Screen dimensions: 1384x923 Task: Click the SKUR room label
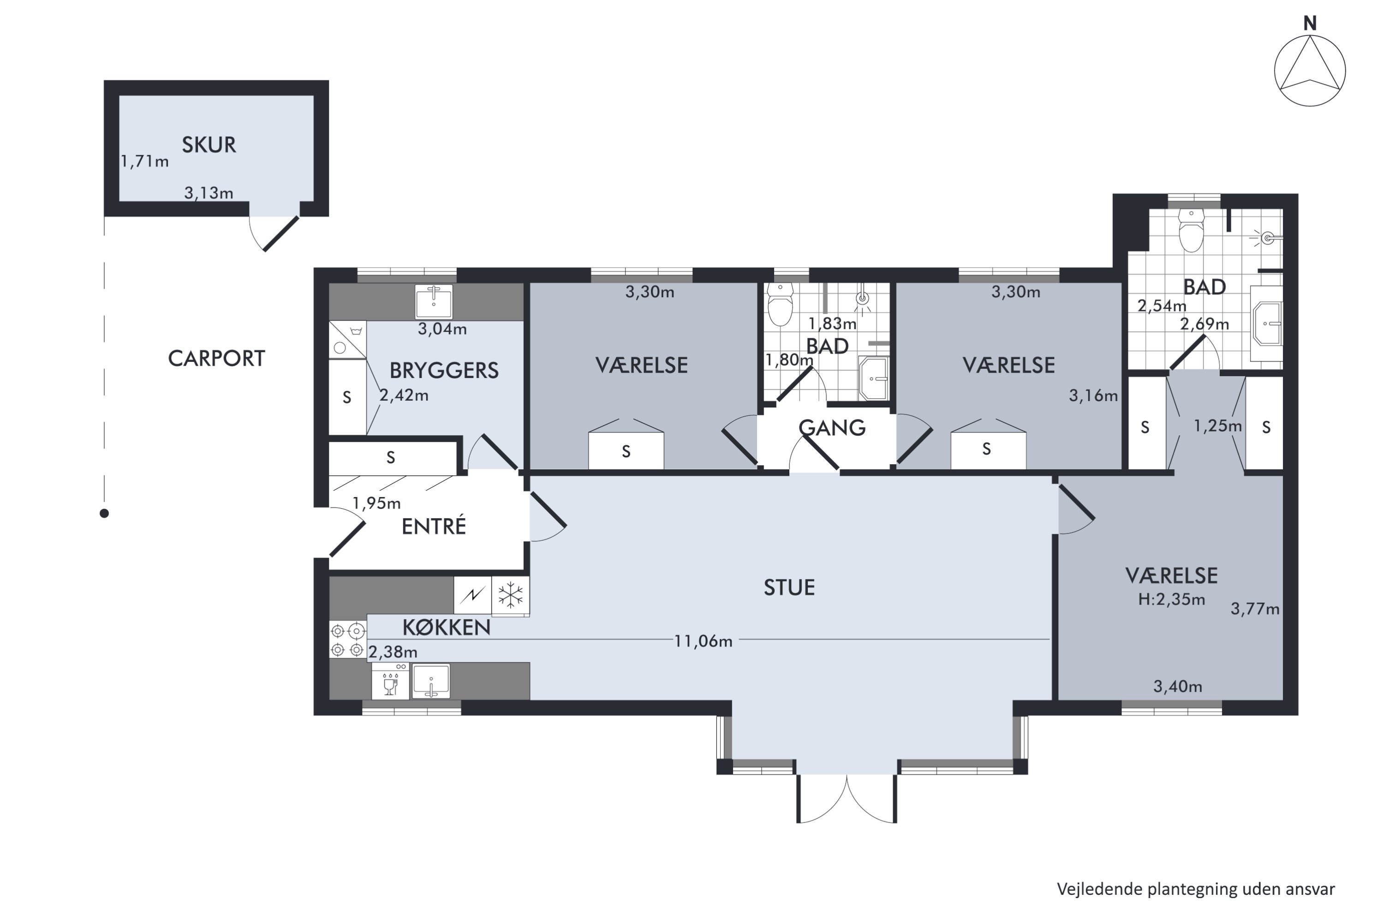[209, 145]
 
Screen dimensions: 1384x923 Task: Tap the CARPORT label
[216, 359]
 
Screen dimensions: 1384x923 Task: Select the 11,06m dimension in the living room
[703, 641]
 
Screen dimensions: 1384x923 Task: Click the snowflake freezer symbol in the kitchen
[510, 596]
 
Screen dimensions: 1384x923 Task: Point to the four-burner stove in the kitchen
[347, 641]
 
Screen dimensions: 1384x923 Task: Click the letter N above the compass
[1310, 24]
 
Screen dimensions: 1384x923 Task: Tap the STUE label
[789, 587]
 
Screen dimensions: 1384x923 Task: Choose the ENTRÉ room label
[434, 526]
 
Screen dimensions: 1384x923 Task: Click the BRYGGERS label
[444, 370]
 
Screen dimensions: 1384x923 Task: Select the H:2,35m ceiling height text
[1172, 599]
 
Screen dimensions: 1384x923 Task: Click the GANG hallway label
[832, 427]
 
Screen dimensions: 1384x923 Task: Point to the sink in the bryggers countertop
[434, 301]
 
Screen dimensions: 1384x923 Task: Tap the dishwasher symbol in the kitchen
[390, 681]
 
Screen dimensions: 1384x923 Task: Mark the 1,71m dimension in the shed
[145, 161]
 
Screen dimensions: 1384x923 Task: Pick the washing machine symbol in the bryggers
[347, 340]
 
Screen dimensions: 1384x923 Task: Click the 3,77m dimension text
[1255, 609]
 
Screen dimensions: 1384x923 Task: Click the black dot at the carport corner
[104, 513]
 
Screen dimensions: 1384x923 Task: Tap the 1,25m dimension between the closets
[1217, 426]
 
